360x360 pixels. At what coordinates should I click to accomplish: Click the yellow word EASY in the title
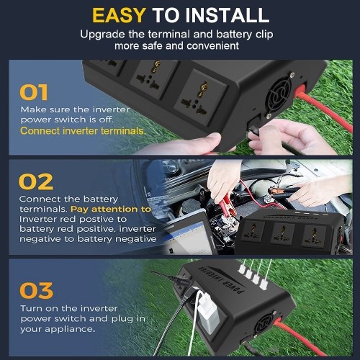[x=119, y=15]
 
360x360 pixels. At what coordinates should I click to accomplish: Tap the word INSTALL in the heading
[x=228, y=15]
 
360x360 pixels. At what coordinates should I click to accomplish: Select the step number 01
[x=34, y=92]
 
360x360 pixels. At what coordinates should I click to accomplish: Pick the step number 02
[x=36, y=181]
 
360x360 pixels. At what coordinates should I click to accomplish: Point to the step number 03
[x=36, y=290]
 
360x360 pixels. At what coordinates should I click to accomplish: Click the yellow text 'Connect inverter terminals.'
[x=83, y=131]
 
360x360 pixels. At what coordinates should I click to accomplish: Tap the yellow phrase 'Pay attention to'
[x=111, y=209]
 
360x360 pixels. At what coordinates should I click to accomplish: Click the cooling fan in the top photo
[x=279, y=94]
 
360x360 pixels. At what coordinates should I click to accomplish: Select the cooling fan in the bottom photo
[x=264, y=325]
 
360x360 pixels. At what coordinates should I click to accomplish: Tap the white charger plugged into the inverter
[x=208, y=312]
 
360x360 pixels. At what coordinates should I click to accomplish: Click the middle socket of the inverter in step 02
[x=283, y=233]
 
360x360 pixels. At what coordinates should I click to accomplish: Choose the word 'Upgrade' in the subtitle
[x=103, y=35]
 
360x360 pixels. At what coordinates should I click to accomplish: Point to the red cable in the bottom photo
[x=300, y=337]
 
